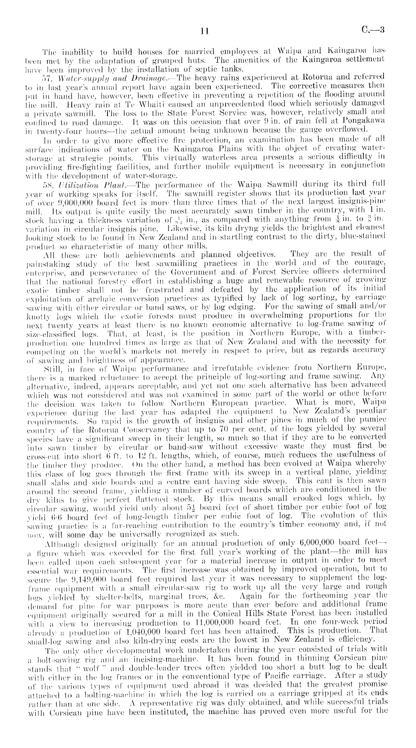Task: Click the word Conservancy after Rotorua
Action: coord(149,434)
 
